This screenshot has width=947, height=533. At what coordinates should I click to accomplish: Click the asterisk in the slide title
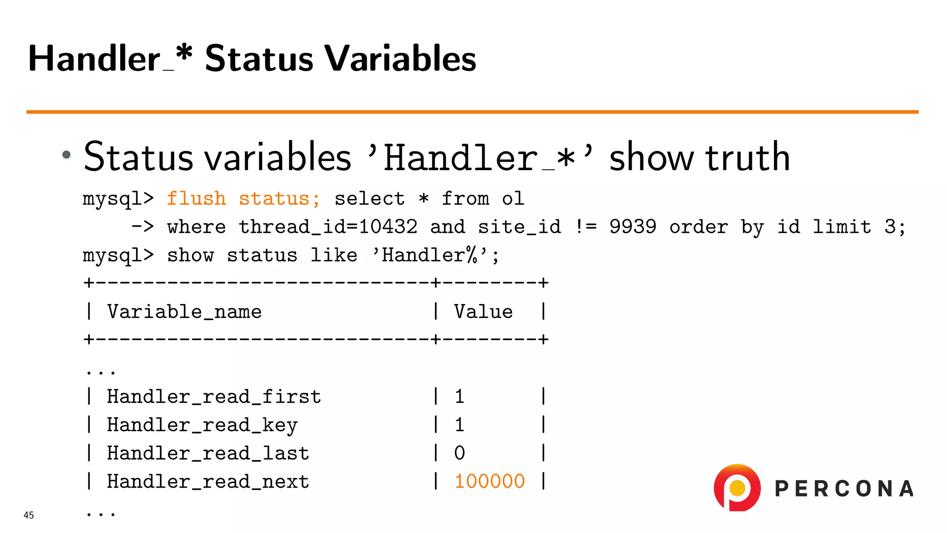(x=184, y=54)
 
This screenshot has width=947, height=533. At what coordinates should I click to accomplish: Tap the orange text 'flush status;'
(x=243, y=199)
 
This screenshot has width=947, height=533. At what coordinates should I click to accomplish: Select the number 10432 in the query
(x=388, y=227)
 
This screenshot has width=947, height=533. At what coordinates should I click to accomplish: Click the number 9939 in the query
(x=633, y=227)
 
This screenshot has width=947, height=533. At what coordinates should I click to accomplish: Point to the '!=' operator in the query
(x=585, y=227)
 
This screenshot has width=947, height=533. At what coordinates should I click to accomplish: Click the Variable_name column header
(x=184, y=312)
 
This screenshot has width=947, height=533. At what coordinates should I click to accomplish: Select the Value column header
(x=483, y=312)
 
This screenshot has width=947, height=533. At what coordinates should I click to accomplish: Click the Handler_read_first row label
(x=214, y=397)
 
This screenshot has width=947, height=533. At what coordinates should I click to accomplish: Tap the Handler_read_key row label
(x=202, y=425)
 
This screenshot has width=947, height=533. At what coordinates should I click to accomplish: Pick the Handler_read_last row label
(x=208, y=453)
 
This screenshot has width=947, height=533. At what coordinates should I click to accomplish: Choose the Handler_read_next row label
(x=208, y=482)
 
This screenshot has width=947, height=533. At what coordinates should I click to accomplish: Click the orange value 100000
(x=489, y=482)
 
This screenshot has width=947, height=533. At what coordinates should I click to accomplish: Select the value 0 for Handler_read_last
(x=459, y=453)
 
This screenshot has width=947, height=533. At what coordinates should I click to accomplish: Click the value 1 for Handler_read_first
(x=459, y=397)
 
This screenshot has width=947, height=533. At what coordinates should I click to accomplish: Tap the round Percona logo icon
(x=737, y=488)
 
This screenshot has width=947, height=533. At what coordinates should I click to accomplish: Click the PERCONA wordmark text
(x=844, y=489)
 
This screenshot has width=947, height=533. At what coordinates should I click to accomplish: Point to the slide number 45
(x=29, y=515)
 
